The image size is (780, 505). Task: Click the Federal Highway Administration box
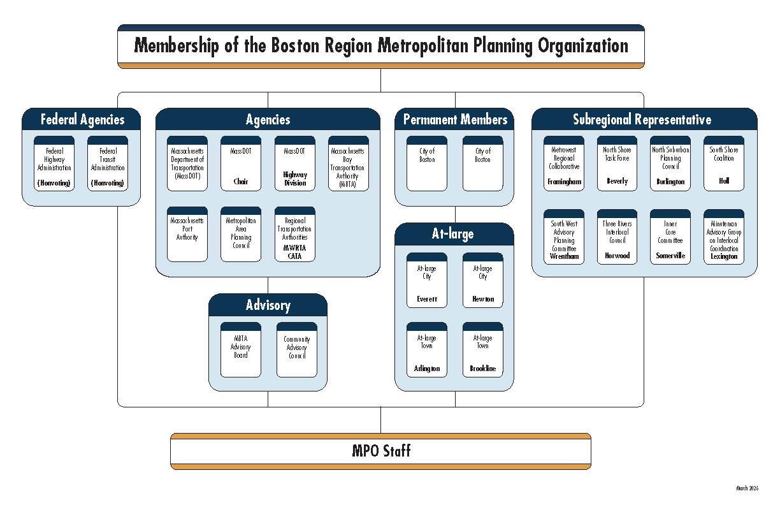click(x=54, y=164)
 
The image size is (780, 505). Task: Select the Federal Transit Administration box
click(x=107, y=164)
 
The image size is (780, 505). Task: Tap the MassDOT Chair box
click(x=241, y=164)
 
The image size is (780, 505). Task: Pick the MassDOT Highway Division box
click(x=294, y=164)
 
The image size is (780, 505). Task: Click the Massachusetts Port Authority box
click(x=187, y=235)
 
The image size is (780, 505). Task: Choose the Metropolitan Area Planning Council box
click(x=241, y=235)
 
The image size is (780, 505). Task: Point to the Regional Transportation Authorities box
click(x=294, y=235)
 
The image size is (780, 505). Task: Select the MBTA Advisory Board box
click(x=241, y=350)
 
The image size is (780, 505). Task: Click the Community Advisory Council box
click(x=297, y=350)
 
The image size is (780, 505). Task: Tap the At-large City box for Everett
click(x=427, y=281)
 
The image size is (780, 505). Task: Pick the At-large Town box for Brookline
click(x=482, y=350)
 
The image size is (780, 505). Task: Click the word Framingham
click(x=564, y=182)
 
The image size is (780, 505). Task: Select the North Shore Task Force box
click(x=617, y=164)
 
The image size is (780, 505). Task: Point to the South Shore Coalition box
click(x=723, y=164)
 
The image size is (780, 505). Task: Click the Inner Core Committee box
click(x=670, y=237)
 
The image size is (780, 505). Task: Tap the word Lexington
click(x=723, y=256)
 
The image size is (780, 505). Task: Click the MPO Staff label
click(x=381, y=451)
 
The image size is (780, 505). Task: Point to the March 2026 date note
click(x=747, y=488)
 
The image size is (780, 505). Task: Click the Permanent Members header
click(x=455, y=119)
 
